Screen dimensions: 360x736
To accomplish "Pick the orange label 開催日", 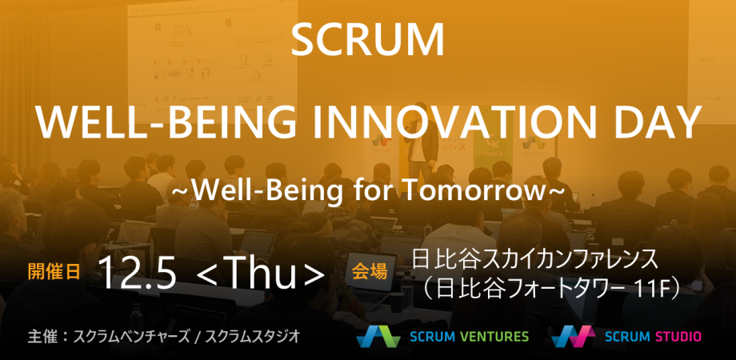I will pyautogui.click(x=54, y=271).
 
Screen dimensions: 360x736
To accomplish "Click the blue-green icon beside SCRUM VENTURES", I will pyautogui.click(x=378, y=336).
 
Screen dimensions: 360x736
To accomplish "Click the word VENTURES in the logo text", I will pyautogui.click(x=494, y=336).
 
